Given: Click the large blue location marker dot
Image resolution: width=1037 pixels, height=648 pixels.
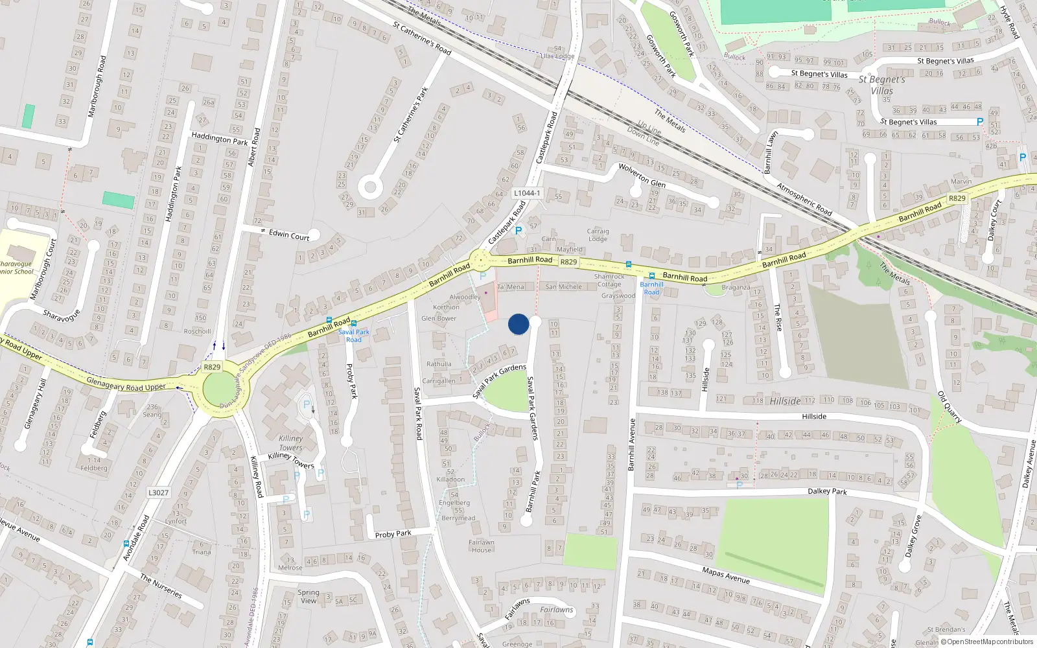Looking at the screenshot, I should pos(518,324).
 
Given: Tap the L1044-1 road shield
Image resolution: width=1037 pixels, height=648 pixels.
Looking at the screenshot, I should pos(526,193).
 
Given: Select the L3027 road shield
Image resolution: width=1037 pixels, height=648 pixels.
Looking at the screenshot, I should pos(158,492).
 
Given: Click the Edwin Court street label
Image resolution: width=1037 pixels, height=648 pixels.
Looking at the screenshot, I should pos(289,235).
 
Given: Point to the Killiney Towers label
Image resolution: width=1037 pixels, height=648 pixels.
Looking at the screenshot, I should pos(291,443).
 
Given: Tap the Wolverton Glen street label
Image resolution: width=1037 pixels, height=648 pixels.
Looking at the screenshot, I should pos(642,174).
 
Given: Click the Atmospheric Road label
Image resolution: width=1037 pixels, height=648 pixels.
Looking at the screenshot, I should pos(804,200).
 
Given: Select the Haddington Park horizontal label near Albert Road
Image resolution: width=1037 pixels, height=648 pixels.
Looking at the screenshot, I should pos(219,139).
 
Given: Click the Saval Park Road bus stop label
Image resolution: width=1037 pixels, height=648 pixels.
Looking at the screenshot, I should pos(354,336).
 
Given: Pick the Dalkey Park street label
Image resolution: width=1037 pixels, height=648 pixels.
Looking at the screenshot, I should pos(827,491).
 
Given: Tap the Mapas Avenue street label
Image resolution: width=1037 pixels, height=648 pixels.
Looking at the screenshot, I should pos(726,574).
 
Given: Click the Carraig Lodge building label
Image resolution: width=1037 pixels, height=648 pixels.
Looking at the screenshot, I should pos(598,235).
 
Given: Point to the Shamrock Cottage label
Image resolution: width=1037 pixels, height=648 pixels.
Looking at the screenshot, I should pos(609,280).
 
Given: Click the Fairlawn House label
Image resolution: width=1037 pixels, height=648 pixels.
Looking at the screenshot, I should pos(481,546).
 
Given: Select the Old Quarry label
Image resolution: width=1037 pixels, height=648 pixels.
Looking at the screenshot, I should pos(950,407).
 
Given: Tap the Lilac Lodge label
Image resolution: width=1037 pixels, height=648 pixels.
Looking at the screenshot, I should pos(557,56).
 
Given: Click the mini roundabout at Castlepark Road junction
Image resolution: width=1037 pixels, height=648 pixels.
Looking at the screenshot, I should pos(480,262).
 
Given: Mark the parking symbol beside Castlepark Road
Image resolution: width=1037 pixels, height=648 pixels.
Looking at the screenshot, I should pos(518,230).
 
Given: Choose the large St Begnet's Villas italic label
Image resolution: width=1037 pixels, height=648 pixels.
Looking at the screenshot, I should pos(881,85).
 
